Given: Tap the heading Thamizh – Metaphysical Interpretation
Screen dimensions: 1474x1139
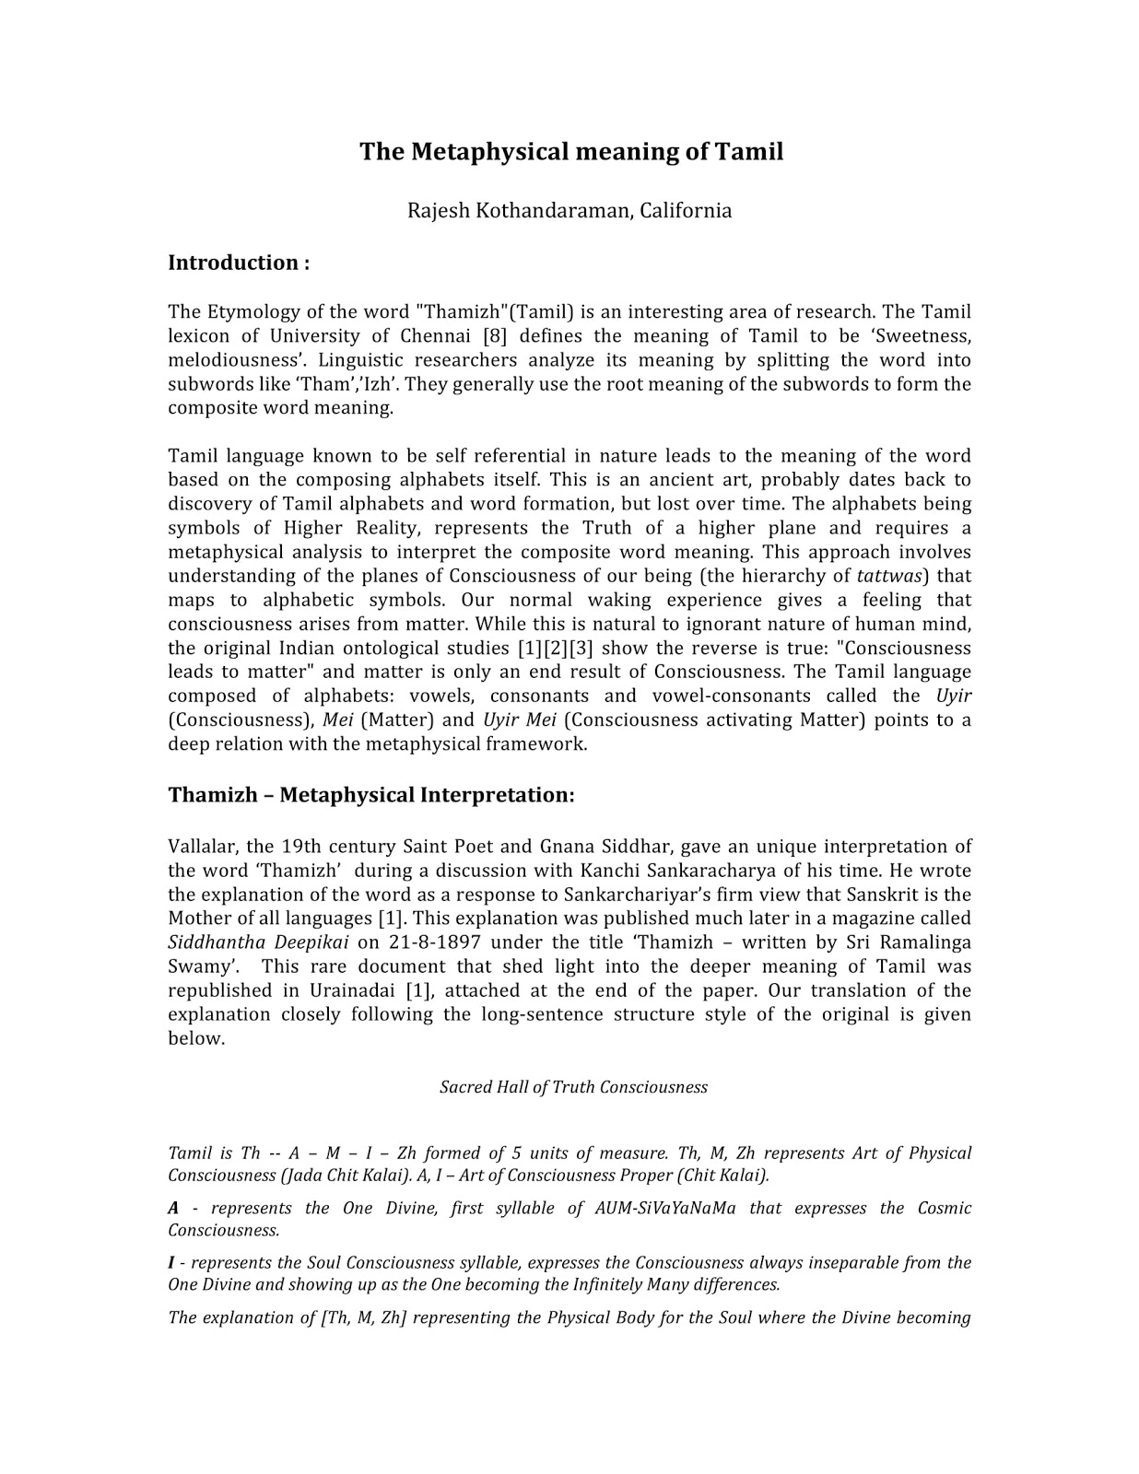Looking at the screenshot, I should pos(370,795).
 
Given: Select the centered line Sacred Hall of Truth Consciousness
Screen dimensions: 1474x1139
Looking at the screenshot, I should pos(573,1087).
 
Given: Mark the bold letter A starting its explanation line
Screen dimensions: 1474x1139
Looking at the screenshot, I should pos(173,1209).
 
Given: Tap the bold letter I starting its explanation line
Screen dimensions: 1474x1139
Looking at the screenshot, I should pos(171,1263).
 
